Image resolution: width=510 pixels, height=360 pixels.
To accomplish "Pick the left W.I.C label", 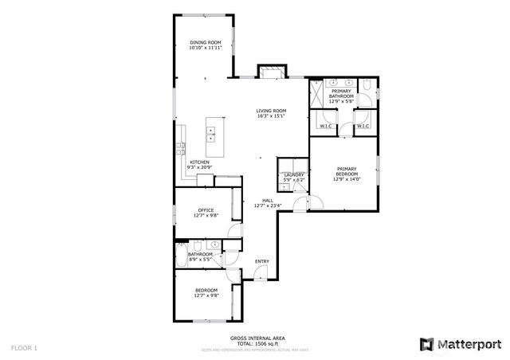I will (x=325, y=126).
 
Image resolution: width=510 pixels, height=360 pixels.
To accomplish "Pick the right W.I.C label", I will (x=363, y=126).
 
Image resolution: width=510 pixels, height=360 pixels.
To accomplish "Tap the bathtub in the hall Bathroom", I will (x=182, y=256).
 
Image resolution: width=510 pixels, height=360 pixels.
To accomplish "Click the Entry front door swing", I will (x=258, y=274).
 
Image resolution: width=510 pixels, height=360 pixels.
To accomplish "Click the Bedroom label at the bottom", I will (x=204, y=291).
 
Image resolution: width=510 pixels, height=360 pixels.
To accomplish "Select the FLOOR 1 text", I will (x=24, y=348).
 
